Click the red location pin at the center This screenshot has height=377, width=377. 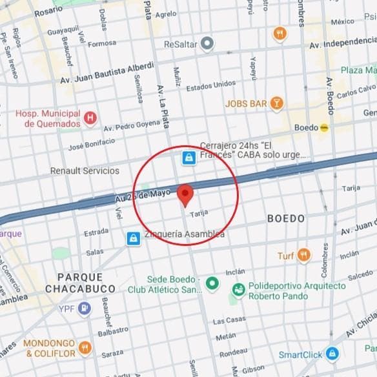click(186, 194)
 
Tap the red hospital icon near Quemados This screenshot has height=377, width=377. click(90, 117)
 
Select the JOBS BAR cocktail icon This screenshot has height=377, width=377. click(276, 103)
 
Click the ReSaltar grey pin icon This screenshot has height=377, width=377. click(207, 44)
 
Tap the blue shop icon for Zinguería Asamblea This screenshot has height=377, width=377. click(133, 238)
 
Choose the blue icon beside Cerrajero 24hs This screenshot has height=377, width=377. click(188, 157)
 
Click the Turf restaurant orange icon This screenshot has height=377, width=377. click(304, 256)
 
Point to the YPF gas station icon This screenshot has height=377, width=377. click(84, 309)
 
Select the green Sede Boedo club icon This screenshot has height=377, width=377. click(211, 283)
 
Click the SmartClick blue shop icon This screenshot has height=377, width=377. click(332, 354)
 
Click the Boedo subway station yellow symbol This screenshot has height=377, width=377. click(324, 127)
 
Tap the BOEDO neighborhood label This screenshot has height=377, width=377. click(285, 219)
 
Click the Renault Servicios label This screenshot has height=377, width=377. click(85, 171)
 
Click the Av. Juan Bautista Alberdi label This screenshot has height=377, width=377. click(107, 73)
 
